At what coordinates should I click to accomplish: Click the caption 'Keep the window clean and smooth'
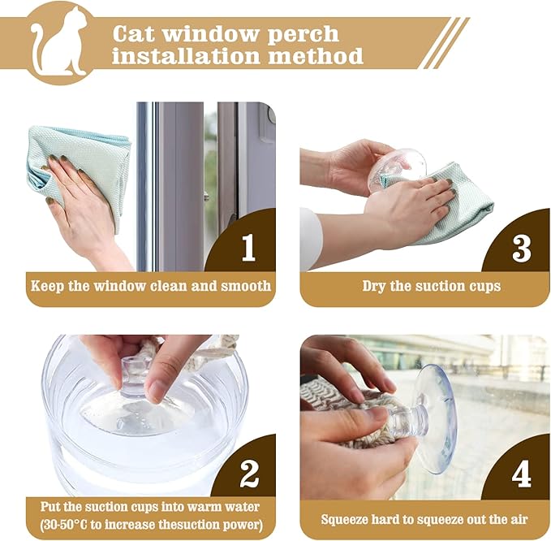point(151,286)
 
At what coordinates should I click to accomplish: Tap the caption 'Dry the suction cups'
point(431,286)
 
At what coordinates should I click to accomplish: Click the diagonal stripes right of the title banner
point(446,42)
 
